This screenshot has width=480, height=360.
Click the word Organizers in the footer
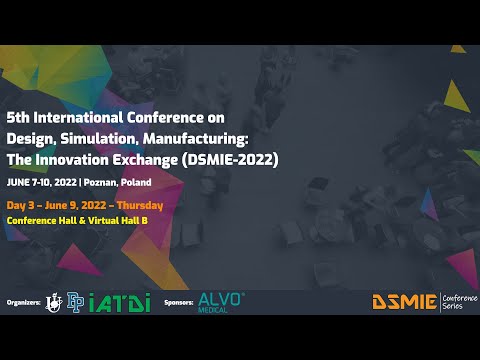pos(23,300)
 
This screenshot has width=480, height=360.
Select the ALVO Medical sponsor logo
pos(221,300)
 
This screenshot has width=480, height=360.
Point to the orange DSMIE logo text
pos(404,301)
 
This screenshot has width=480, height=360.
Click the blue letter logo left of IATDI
pos(74,301)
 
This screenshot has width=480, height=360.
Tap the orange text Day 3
pos(21,205)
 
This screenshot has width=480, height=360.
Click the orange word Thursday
pos(139,205)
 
